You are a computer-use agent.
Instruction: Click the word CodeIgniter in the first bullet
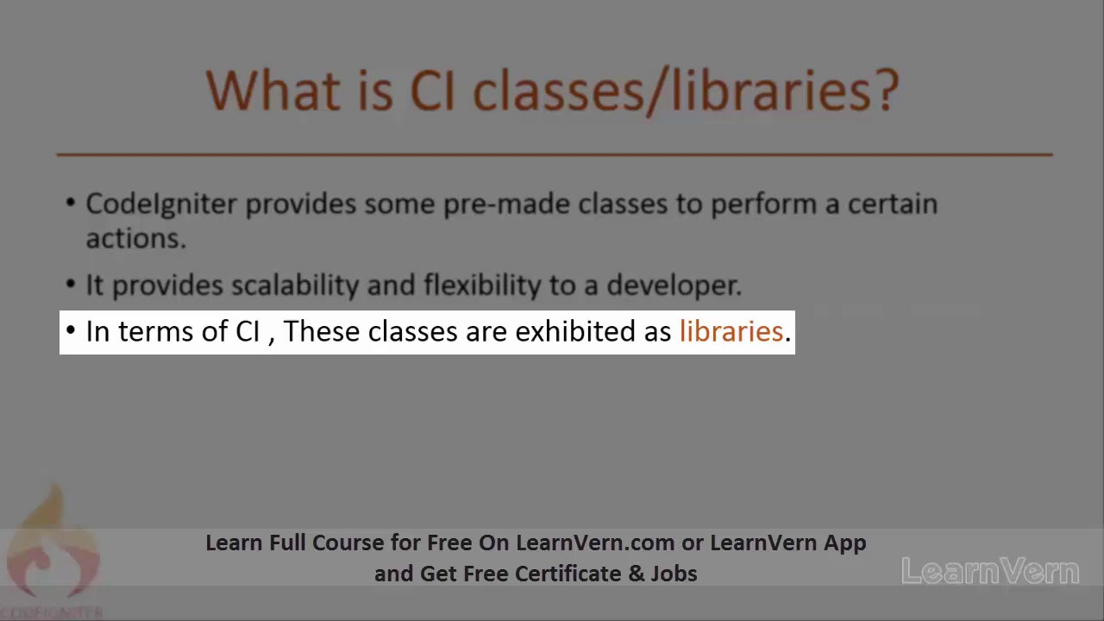[161, 204]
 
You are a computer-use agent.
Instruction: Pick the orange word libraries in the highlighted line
[731, 332]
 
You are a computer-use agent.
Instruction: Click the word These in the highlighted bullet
[322, 332]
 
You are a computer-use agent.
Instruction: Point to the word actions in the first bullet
[135, 239]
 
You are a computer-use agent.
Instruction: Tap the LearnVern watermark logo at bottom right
[990, 571]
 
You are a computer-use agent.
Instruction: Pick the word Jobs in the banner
[674, 574]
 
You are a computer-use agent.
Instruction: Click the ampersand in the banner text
[637, 574]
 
